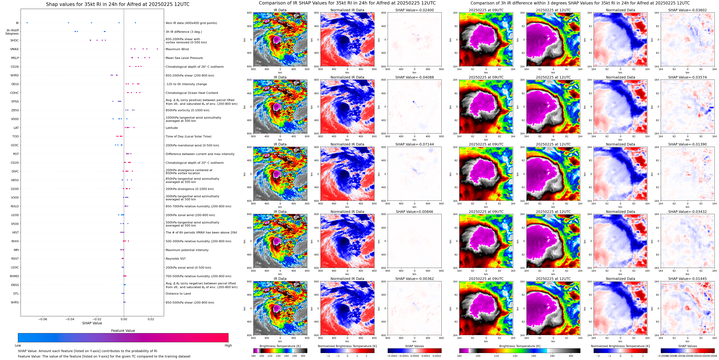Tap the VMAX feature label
click(x=15, y=49)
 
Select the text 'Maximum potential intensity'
click(x=187, y=250)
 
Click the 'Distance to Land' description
click(x=178, y=294)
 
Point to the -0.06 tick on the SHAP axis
click(x=42, y=319)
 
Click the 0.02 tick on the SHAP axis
click(x=151, y=319)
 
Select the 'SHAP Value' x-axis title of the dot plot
click(x=92, y=323)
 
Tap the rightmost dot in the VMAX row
click(x=157, y=49)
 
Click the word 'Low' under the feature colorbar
click(x=18, y=345)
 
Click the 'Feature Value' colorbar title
click(x=123, y=331)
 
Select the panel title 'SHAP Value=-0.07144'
click(x=415, y=144)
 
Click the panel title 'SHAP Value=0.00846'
click(x=415, y=212)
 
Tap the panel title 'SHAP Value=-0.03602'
click(x=687, y=10)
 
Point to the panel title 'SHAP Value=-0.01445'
click(x=687, y=279)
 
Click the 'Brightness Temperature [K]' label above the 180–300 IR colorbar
click(x=280, y=346)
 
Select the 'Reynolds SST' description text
click(x=175, y=259)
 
